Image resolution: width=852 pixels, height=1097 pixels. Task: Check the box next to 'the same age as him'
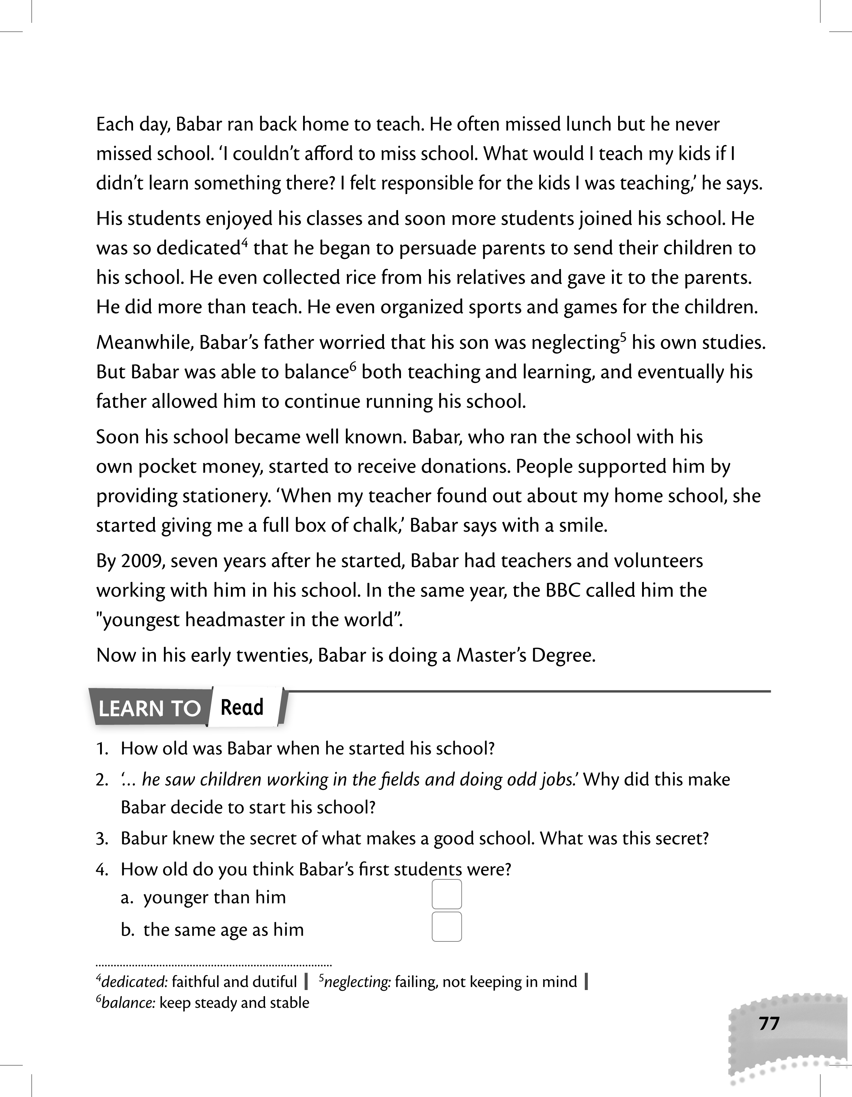(446, 927)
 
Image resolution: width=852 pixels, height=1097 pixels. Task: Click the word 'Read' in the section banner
(242, 707)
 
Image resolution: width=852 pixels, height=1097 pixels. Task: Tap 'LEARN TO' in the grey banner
(150, 709)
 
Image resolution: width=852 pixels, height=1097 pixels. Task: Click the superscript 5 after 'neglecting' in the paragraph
(623, 337)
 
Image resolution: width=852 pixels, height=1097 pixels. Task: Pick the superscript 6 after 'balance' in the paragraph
(352, 367)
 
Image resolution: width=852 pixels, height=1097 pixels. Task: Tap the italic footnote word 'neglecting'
(357, 981)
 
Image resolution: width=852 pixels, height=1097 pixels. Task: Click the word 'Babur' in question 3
(144, 838)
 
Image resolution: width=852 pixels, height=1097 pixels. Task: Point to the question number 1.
(102, 749)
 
